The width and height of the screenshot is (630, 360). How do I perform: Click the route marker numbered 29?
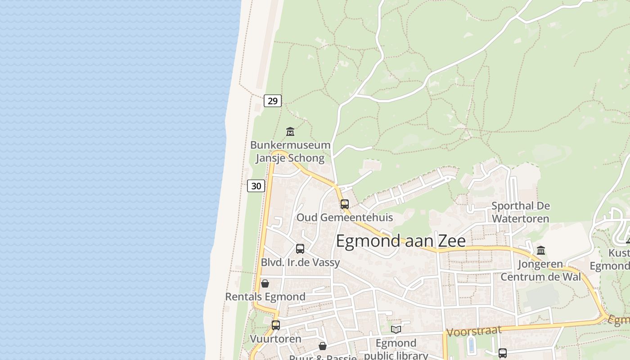coord(273,101)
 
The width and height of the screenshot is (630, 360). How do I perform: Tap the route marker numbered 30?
coord(256,186)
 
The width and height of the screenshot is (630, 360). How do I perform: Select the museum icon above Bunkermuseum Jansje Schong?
coord(290,132)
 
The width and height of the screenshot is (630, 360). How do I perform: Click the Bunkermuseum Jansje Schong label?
coord(290,152)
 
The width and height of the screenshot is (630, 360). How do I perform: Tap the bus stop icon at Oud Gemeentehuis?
coord(345,204)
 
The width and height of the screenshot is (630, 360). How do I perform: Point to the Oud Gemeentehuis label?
coord(344,218)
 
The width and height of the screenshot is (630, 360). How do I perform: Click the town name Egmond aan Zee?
coord(400,241)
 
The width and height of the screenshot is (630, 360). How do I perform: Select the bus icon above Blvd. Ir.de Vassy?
coord(300,248)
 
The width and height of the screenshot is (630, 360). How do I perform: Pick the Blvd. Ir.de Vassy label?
coord(300,262)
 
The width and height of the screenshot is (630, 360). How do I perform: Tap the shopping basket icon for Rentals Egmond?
coord(265,283)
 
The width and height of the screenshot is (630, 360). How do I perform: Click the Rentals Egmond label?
coord(265,297)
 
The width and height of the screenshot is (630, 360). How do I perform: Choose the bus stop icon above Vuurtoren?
coord(276,325)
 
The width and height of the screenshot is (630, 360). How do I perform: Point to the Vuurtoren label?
coord(275,339)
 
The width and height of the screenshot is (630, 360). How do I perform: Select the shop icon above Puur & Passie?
coord(323,346)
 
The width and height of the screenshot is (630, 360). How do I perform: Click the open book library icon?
coord(396,329)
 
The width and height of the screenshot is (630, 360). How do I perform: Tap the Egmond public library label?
coord(396,349)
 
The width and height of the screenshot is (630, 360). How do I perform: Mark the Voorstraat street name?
coord(473,331)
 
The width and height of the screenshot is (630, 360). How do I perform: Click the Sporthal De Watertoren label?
coord(521,212)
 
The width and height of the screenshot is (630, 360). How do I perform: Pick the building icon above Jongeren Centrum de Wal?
coord(541,250)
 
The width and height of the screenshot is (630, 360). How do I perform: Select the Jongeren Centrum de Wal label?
coord(540,270)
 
